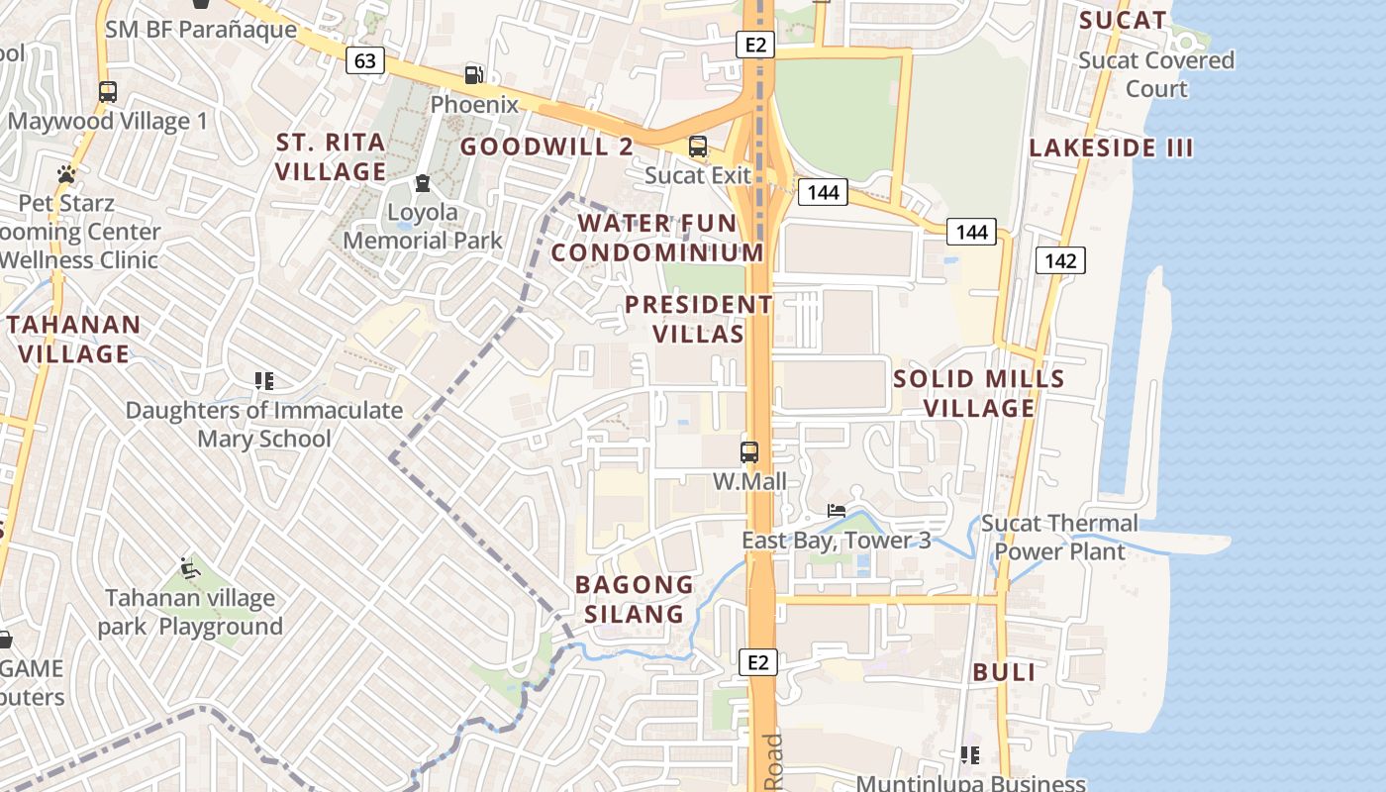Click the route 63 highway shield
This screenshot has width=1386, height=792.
pos(365,61)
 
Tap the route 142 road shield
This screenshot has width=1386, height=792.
pos(1060,260)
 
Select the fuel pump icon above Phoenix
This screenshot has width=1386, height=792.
pos(475,74)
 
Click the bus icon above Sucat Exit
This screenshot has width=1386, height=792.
pos(698,147)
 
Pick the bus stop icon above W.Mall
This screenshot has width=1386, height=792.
pos(749,452)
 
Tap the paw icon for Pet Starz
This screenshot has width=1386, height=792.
pos(66,174)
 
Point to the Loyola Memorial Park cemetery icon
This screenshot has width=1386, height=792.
pos(423,183)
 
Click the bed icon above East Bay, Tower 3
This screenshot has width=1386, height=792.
pos(837,511)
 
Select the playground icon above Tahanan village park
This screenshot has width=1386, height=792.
pos(190,568)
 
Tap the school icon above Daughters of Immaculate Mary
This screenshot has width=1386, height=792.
pos(263,380)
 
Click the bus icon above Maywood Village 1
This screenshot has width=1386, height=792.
pos(108,92)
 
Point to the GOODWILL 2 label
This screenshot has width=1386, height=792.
pos(546,147)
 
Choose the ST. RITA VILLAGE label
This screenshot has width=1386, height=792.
pos(331,156)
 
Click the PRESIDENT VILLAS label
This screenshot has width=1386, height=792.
pos(699,319)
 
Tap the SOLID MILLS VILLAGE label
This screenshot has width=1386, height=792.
pos(979,393)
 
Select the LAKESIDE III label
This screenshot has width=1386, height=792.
pos(1111,148)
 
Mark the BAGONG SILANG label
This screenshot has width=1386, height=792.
pos(635,599)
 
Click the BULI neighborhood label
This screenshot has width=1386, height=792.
pos(1004,672)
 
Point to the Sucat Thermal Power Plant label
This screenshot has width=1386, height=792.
pos(1059,537)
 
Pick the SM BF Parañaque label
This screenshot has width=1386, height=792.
pos(201,29)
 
